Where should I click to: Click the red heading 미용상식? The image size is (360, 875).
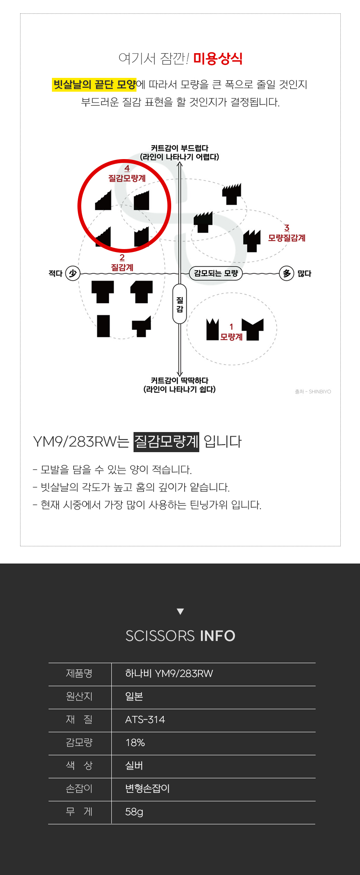[x=218, y=59]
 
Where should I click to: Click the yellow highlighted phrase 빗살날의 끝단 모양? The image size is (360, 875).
[x=94, y=85]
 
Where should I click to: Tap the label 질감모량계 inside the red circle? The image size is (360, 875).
[x=127, y=178]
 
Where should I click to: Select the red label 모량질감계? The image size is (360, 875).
[x=287, y=238]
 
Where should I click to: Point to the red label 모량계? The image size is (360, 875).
[x=231, y=337]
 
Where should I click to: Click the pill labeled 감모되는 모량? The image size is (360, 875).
[x=216, y=273]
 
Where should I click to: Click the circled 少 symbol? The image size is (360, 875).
[x=72, y=273]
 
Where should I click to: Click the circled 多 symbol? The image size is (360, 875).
[x=287, y=273]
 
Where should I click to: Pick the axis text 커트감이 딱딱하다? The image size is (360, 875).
[x=180, y=380]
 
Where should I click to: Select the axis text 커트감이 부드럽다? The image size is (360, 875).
[x=180, y=148]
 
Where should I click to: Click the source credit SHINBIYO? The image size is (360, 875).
[x=320, y=392]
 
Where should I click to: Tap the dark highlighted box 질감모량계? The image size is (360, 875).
[x=166, y=442]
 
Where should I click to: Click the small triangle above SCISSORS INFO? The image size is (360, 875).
[x=180, y=612]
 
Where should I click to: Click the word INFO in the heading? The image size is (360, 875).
[x=218, y=636]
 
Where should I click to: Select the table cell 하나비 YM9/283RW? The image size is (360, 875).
[x=169, y=674]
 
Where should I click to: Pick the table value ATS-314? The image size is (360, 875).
[x=145, y=720]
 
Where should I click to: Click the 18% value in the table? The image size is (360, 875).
[x=135, y=743]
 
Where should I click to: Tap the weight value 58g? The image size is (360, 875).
[x=134, y=812]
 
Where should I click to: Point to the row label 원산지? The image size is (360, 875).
[x=79, y=696]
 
